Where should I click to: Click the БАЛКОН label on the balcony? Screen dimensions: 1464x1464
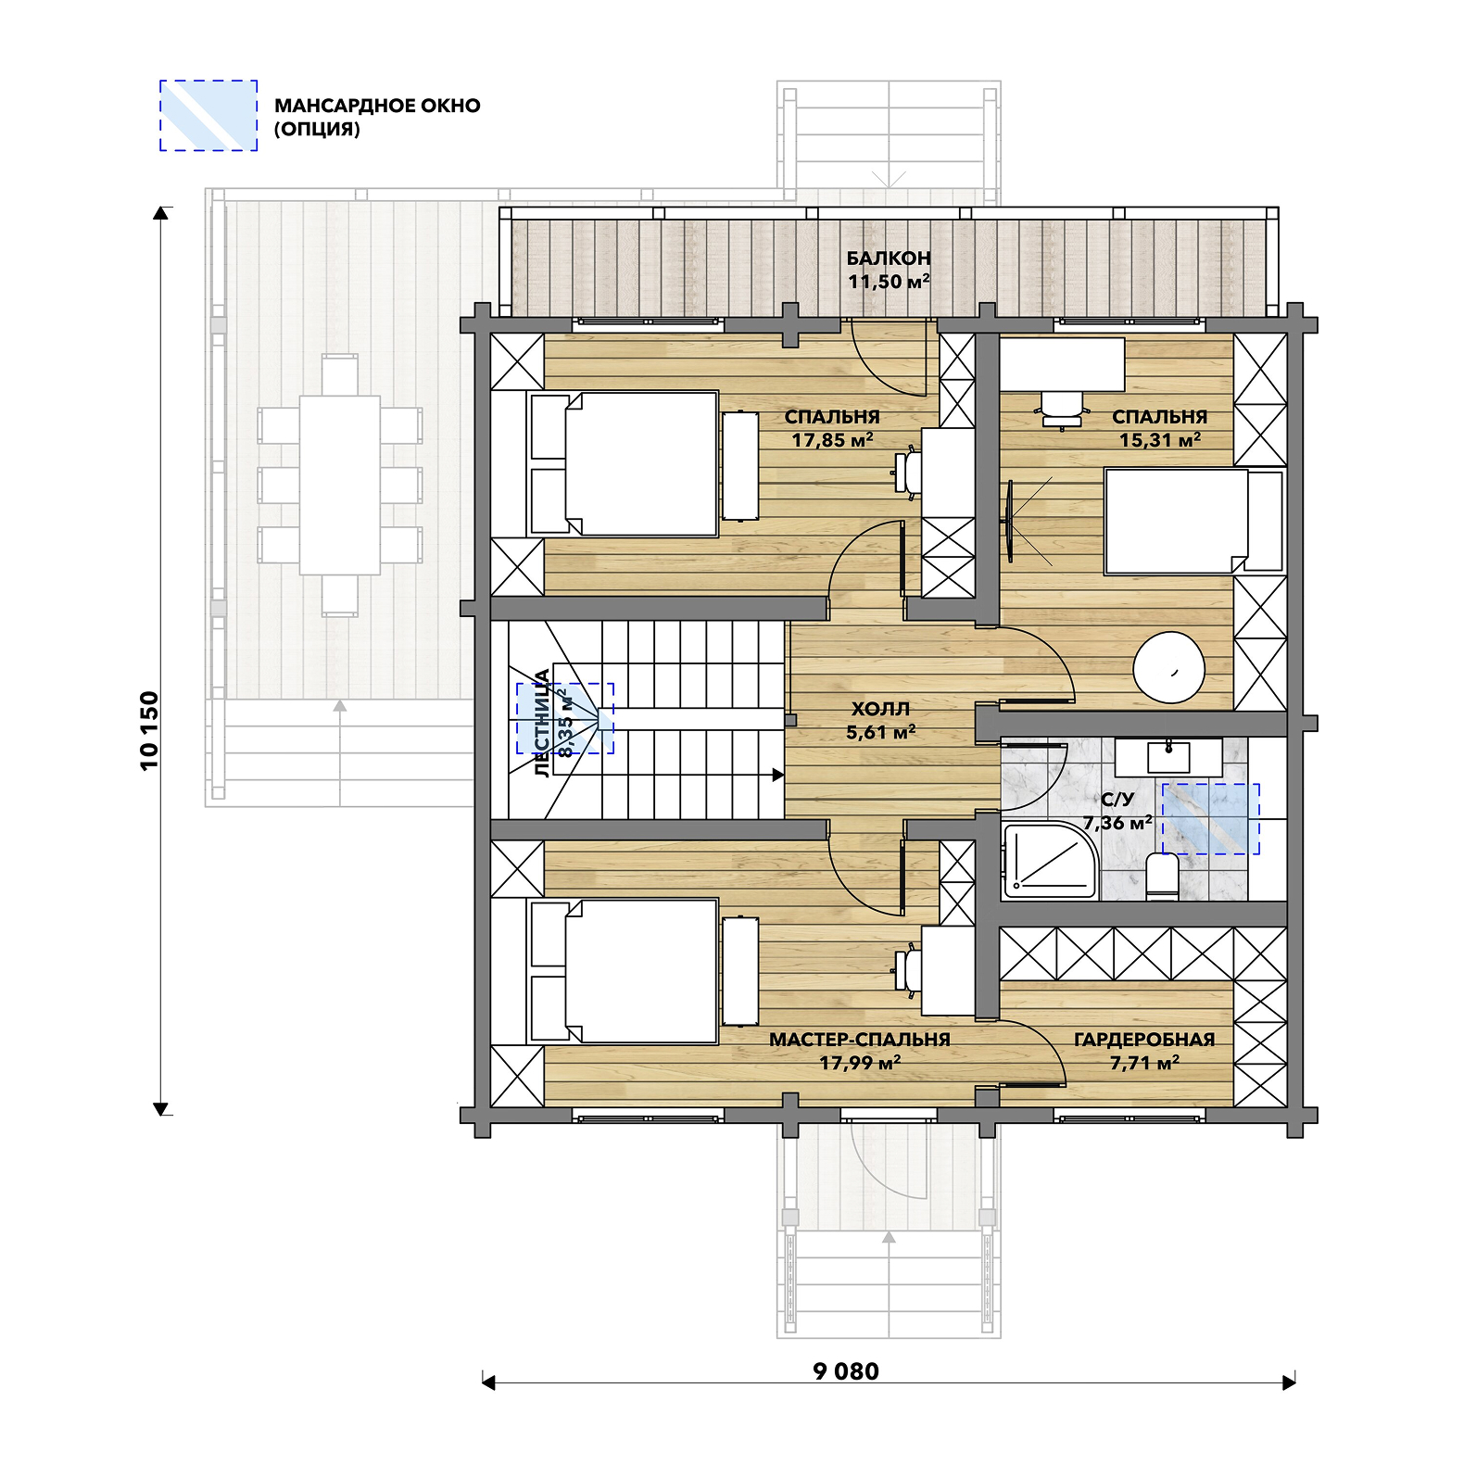coord(888,258)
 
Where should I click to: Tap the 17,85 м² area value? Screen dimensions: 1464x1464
coord(832,440)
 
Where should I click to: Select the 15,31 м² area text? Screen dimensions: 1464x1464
coord(1160,440)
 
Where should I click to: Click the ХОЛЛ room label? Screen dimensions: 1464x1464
coord(880,709)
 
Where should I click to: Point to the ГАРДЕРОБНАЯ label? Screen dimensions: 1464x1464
coord(1144,1040)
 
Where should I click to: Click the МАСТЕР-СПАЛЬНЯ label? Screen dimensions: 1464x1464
coord(860,1040)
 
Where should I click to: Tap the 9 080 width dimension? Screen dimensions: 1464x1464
coord(846,1371)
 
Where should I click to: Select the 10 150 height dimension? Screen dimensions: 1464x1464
coord(149,730)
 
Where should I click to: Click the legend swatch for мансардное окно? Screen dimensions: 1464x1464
coord(208,116)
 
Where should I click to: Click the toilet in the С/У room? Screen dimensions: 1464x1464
coord(1162,876)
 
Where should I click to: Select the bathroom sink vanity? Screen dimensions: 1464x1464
coord(1167,757)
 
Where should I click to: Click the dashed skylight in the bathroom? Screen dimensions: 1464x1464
coord(1211,819)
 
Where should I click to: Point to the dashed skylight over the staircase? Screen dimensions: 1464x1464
coord(565,718)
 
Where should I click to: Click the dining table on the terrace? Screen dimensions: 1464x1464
coord(339,486)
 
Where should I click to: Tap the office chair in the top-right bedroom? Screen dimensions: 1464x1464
coord(1062,409)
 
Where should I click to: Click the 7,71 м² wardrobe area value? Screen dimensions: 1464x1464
coord(1144,1063)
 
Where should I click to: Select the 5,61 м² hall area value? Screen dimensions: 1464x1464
coord(880,732)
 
